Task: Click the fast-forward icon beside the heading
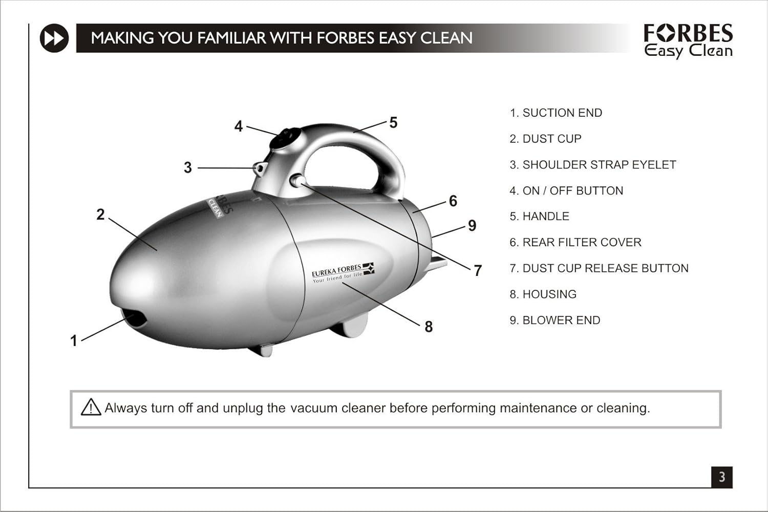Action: tap(54, 38)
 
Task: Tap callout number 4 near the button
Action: tap(239, 126)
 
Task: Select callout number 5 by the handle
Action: tap(393, 123)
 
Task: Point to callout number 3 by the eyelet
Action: tap(188, 168)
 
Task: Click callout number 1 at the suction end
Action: tap(74, 340)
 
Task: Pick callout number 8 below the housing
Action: tap(429, 327)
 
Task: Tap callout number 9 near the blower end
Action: tap(472, 226)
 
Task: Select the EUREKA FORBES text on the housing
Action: tap(336, 270)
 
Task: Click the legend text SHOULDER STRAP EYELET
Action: tap(599, 165)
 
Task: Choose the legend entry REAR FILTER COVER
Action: tap(582, 243)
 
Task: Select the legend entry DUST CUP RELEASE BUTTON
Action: tap(605, 268)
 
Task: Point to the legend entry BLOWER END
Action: tap(561, 321)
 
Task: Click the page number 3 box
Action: tap(721, 477)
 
